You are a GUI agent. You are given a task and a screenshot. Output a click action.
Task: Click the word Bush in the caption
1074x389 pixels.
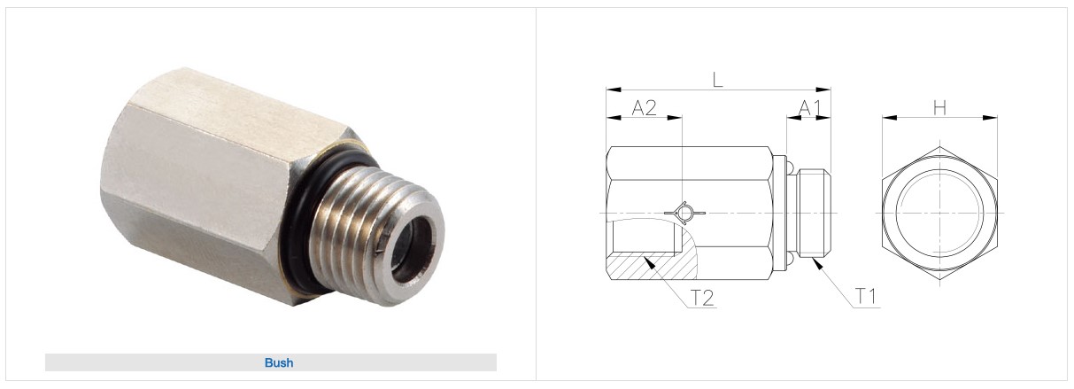[279, 362]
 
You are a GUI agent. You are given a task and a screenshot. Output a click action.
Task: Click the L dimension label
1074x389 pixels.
[717, 80]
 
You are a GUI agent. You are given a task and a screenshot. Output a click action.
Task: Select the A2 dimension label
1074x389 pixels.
[644, 108]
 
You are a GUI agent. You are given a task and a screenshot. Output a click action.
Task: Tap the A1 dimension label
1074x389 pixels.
[810, 108]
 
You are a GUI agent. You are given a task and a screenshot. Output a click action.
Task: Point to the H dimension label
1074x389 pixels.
[939, 108]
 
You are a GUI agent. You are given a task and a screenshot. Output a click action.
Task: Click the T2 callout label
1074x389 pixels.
[702, 298]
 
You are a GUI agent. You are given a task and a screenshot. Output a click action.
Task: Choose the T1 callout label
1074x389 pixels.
[866, 297]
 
